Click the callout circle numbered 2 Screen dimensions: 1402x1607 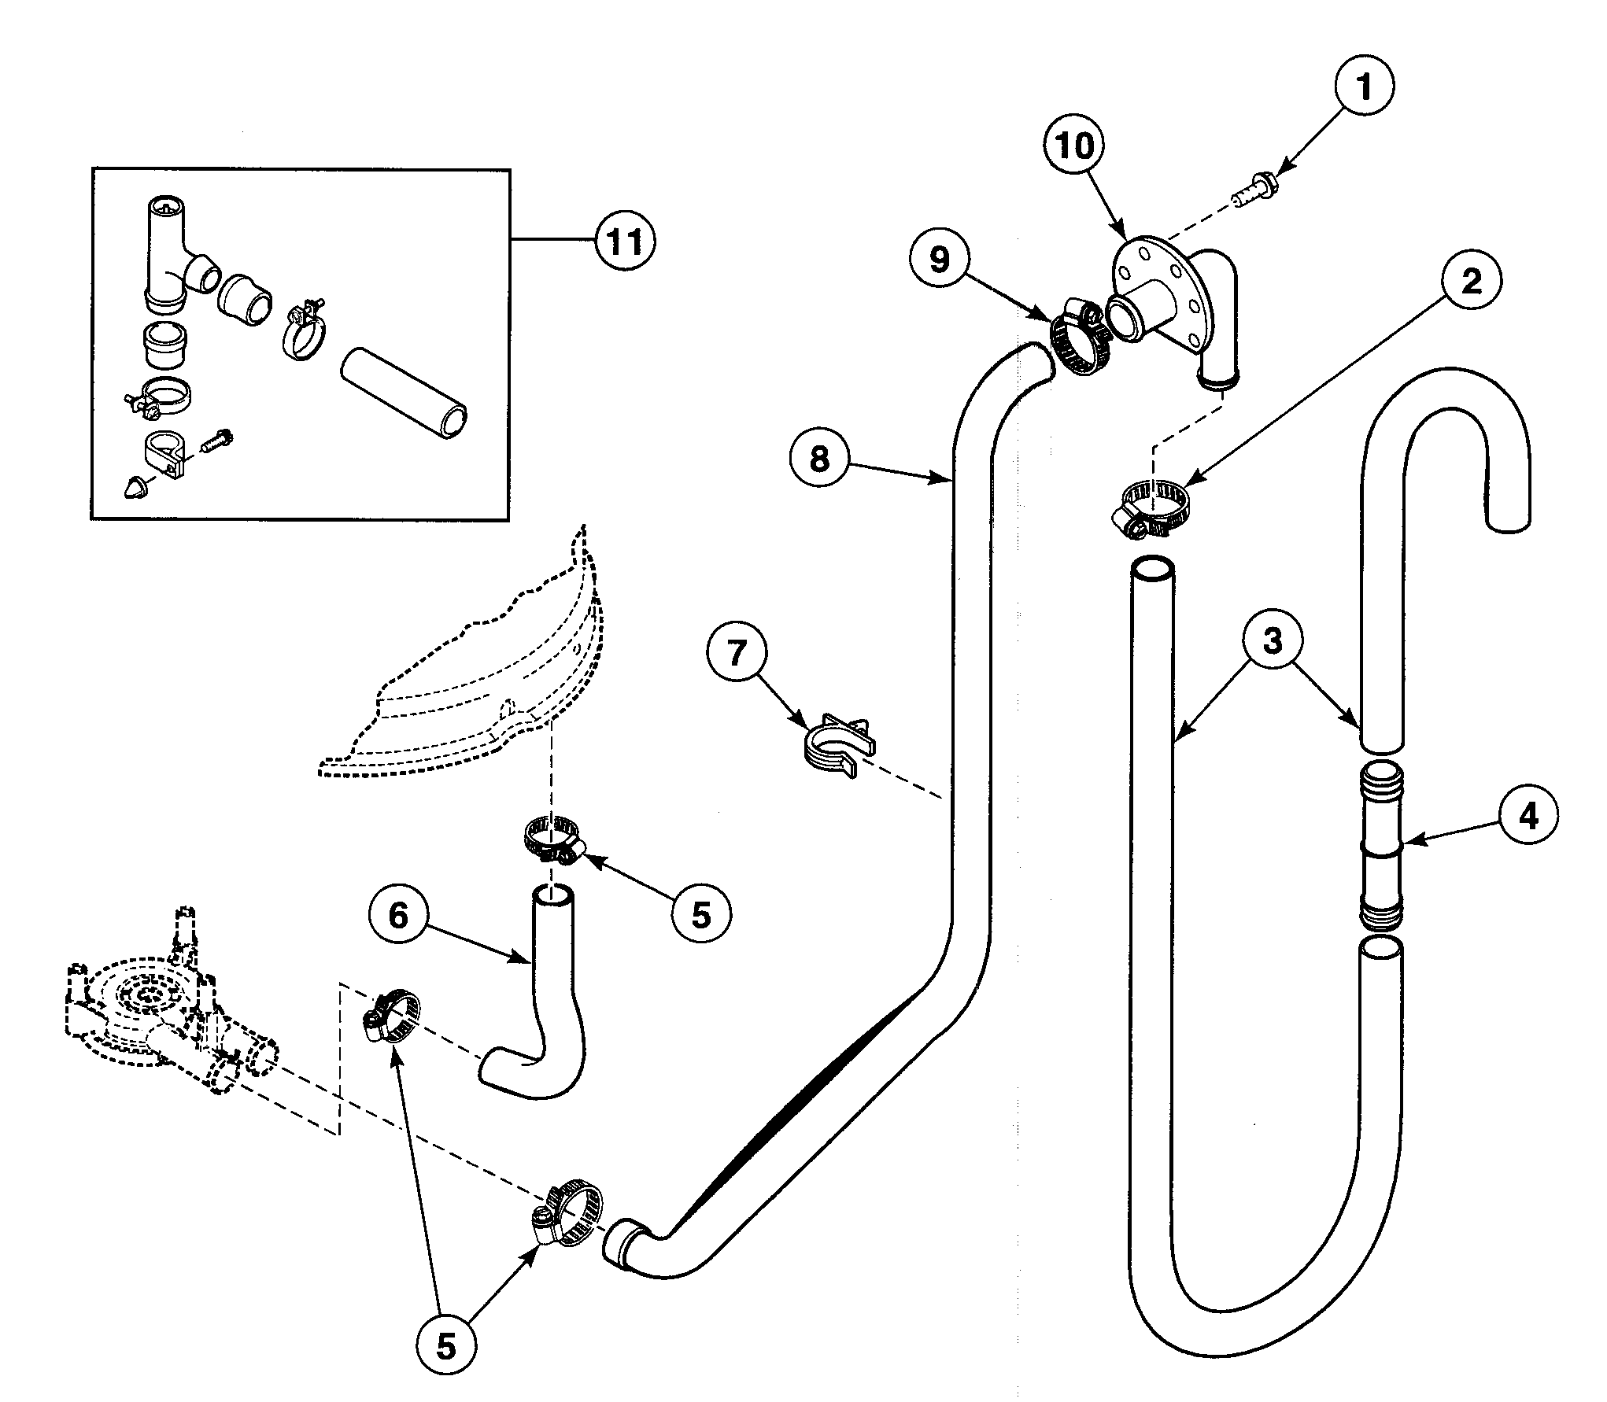click(1471, 282)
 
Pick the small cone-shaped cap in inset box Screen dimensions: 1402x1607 click(137, 485)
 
